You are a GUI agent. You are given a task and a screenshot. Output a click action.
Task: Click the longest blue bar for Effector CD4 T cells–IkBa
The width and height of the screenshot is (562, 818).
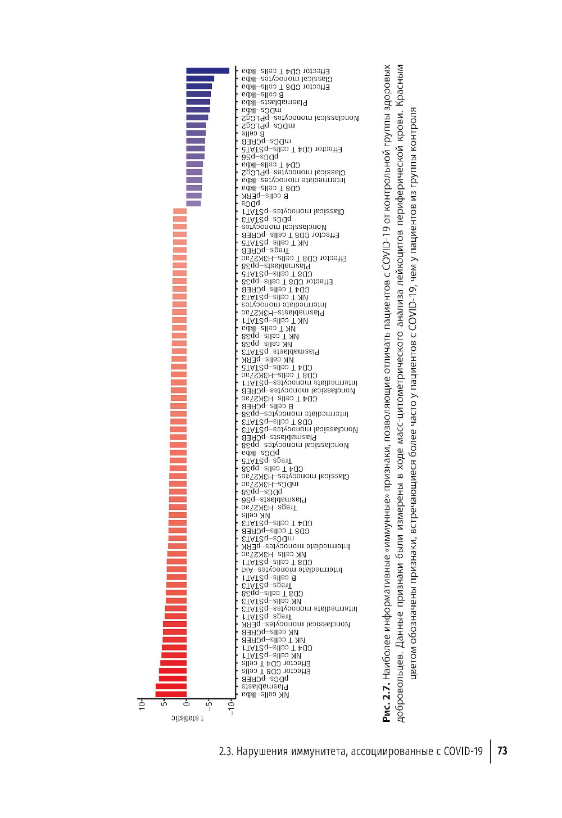pos(208,71)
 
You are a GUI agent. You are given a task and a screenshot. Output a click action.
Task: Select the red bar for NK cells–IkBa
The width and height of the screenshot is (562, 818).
pos(171,694)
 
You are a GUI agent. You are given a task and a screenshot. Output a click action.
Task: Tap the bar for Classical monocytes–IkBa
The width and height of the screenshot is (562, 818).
pos(200,79)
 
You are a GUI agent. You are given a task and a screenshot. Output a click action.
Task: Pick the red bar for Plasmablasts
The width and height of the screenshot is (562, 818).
pos(171,686)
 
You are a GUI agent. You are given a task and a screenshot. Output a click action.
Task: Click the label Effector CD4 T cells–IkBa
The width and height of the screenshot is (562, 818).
pos(285,71)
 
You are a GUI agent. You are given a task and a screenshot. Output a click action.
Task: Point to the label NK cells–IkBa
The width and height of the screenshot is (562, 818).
pos(265,695)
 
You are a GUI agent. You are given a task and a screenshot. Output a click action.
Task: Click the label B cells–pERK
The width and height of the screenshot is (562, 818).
pos(265,196)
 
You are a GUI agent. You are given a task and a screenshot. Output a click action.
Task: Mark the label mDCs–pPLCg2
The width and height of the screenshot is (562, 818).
pos(268,126)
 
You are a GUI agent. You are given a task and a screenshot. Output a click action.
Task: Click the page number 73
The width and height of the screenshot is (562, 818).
pos(502,751)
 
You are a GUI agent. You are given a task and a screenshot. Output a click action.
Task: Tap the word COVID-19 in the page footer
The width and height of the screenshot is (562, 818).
pos(463,751)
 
